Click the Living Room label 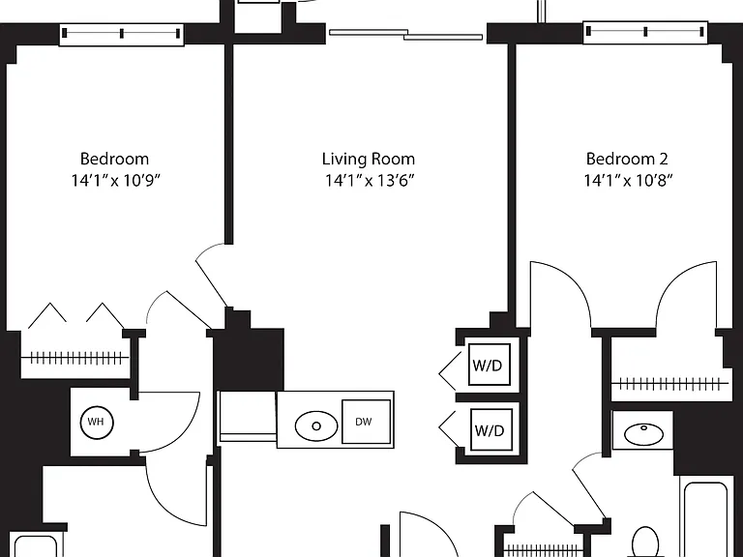[369, 159]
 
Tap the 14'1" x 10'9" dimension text [116, 181]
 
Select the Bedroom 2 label [627, 159]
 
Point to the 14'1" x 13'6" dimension [370, 181]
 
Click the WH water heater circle [96, 422]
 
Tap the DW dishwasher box [367, 422]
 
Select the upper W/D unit [489, 365]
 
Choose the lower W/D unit [490, 430]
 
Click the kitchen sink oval [316, 425]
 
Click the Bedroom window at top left [121, 34]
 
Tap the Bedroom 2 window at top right [645, 32]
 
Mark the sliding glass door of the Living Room [406, 35]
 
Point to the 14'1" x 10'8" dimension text [628, 181]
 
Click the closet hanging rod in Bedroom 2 [670, 383]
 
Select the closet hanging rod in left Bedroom [74, 358]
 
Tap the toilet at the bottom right [644, 542]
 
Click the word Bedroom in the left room [114, 159]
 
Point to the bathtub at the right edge [705, 519]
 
